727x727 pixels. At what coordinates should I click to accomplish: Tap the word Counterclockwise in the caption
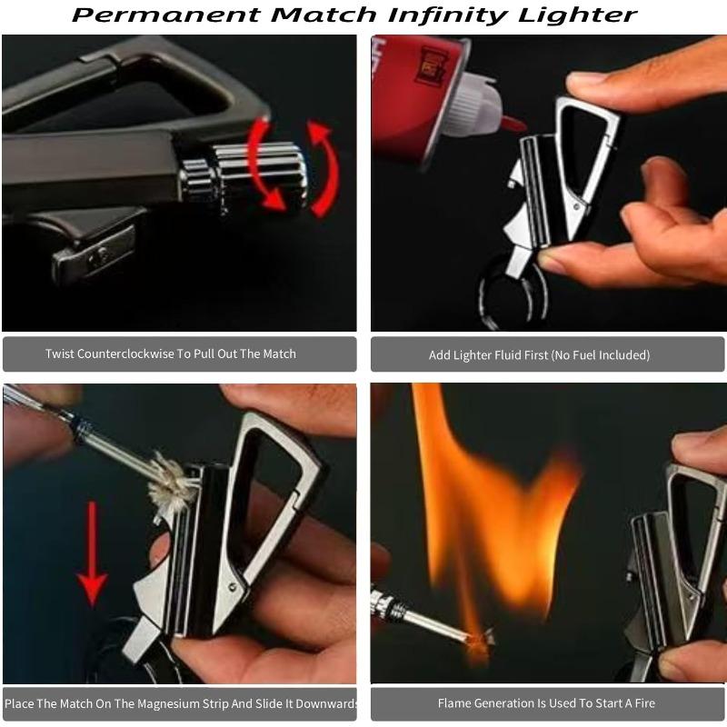(x=126, y=354)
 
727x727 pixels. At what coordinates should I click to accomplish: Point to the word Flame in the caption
(x=455, y=702)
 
